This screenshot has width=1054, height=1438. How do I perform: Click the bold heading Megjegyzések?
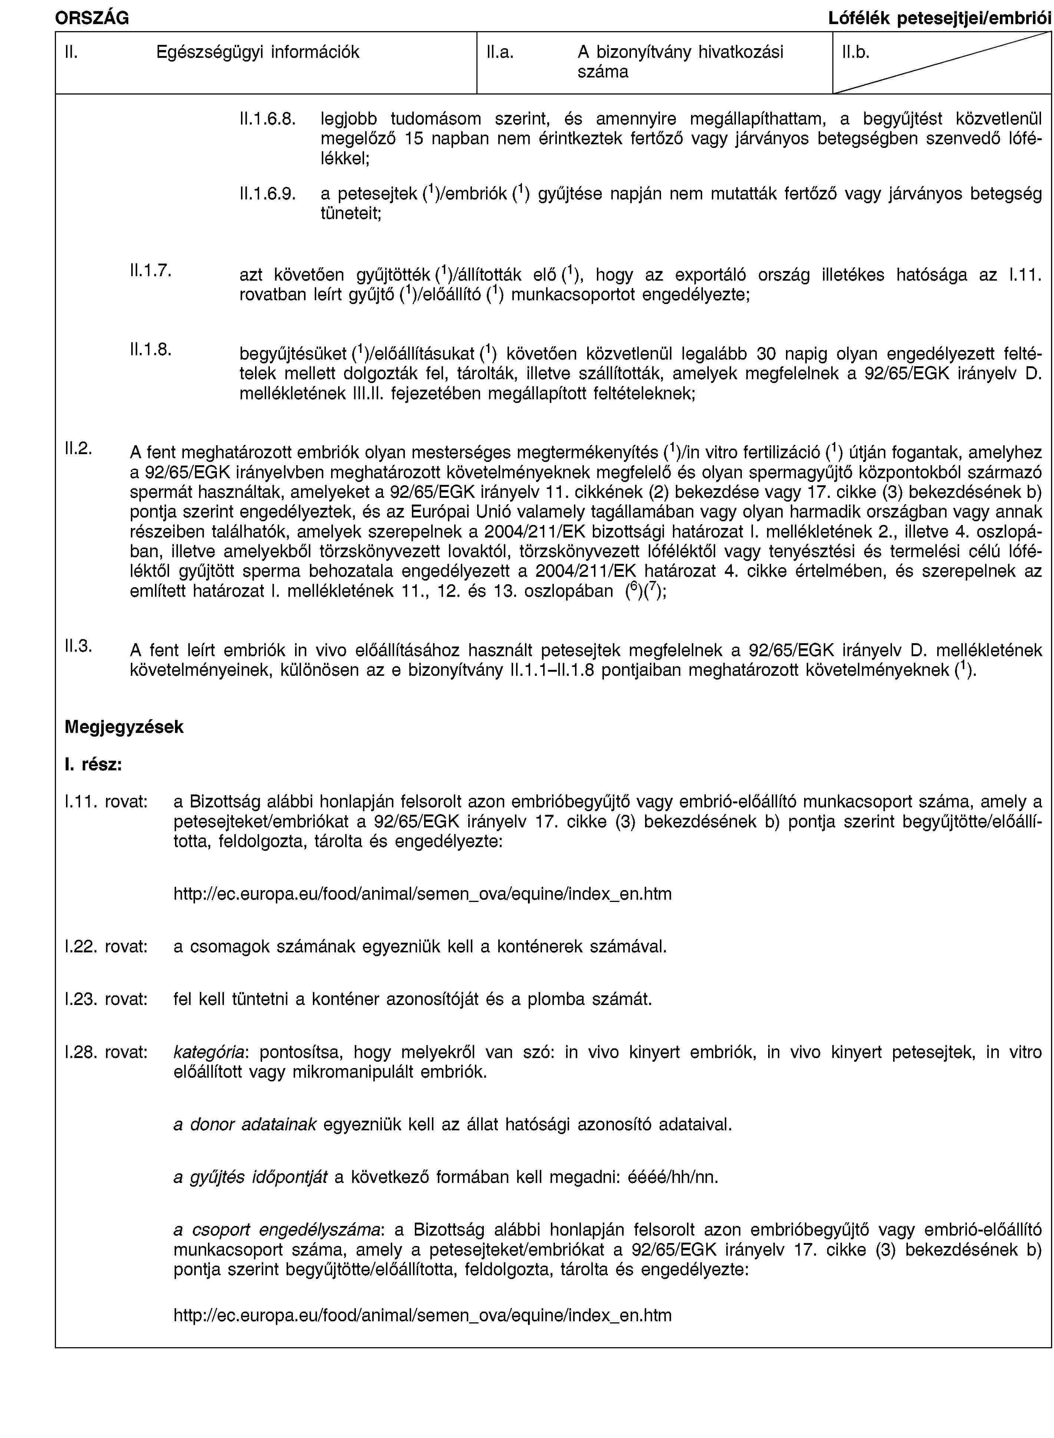[124, 727]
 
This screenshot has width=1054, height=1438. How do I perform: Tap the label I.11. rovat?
[106, 802]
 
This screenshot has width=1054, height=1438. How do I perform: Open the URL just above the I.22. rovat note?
[422, 894]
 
